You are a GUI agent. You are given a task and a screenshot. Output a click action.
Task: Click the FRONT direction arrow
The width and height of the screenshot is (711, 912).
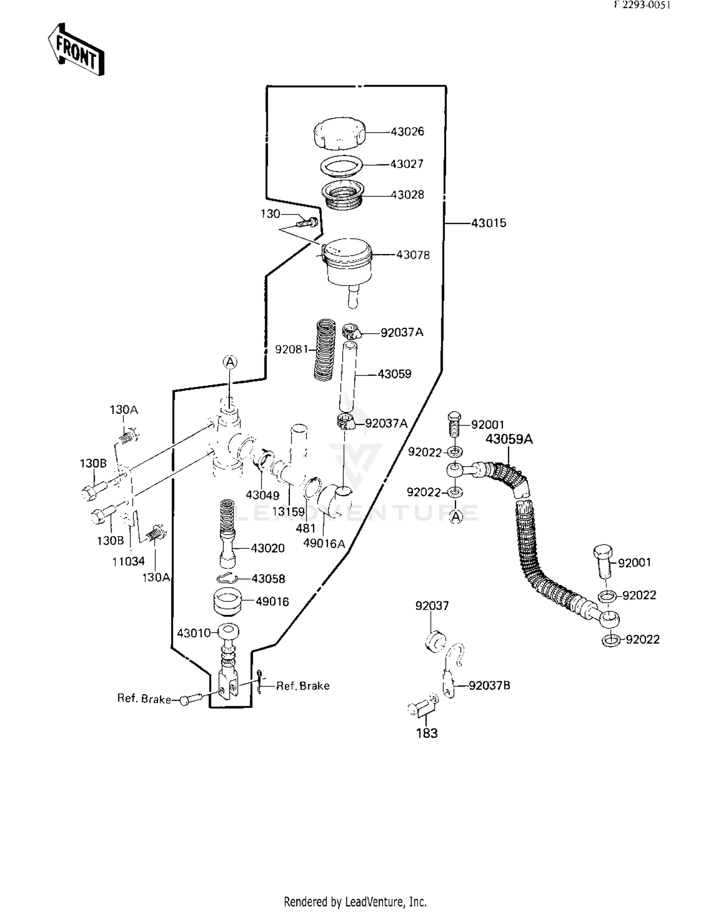[76, 50]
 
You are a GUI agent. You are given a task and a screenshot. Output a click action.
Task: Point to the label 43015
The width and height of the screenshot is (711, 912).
[488, 223]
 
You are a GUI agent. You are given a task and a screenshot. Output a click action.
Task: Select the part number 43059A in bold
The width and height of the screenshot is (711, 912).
[509, 439]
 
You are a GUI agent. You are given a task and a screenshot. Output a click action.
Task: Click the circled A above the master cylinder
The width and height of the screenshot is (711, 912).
[230, 362]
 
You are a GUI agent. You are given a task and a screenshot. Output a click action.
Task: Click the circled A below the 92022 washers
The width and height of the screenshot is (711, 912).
[456, 517]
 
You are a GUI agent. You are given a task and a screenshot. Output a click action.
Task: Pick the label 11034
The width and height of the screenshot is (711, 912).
[128, 562]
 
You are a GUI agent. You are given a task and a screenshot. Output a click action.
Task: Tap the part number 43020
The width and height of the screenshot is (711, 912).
[267, 548]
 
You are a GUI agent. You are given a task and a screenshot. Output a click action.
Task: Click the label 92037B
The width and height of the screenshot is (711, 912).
[489, 685]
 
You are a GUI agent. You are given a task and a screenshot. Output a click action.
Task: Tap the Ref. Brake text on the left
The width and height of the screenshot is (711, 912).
[144, 699]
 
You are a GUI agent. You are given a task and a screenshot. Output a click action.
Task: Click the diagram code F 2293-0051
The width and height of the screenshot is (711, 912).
[642, 5]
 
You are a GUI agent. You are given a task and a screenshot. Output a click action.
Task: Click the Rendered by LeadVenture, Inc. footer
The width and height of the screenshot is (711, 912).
[355, 901]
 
